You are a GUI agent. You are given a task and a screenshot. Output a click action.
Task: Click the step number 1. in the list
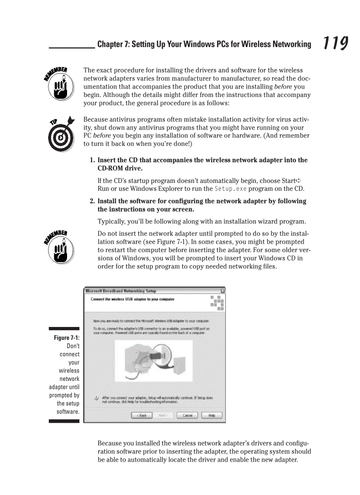coord(93,160)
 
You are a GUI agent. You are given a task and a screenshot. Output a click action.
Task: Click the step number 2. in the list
coord(93,201)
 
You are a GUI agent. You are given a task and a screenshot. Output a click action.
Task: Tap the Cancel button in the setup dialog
coord(187,415)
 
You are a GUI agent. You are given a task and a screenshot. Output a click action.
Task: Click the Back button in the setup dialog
coord(142,415)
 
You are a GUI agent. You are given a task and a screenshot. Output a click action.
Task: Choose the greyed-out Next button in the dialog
coord(163,415)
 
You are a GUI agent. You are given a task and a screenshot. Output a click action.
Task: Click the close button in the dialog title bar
coord(222,291)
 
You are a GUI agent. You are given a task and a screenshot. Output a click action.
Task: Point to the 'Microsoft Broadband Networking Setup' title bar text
coord(120,291)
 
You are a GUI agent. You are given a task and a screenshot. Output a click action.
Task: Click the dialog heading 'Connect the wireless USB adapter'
coord(132,299)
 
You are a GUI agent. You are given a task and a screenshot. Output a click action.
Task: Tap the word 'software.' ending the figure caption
coord(68,412)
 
